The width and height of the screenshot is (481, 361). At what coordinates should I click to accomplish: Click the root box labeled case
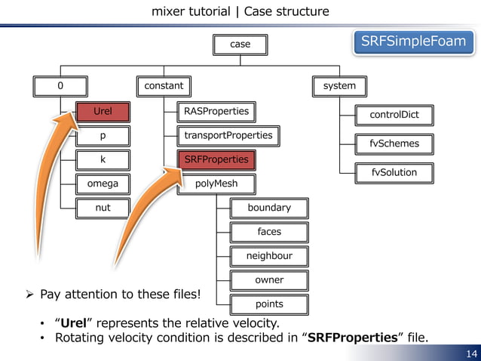tap(240, 45)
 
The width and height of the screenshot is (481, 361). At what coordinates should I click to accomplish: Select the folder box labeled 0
tap(60, 86)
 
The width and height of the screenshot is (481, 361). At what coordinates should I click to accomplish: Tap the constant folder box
tap(164, 86)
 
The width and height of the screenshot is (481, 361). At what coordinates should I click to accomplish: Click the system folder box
tap(339, 86)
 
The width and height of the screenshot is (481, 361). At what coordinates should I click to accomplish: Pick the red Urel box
tap(103, 112)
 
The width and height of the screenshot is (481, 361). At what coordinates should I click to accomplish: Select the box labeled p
tap(103, 136)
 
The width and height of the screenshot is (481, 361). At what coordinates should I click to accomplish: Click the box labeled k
tap(103, 160)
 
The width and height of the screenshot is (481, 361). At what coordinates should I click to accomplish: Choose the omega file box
tap(103, 184)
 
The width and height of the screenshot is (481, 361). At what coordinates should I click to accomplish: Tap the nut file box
tap(103, 208)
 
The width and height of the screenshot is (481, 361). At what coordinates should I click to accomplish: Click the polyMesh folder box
tap(216, 184)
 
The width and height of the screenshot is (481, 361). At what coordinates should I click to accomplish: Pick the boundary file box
tap(269, 208)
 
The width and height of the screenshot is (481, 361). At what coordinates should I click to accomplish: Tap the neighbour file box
tap(269, 256)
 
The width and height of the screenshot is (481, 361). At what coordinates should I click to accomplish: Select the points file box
tap(269, 304)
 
